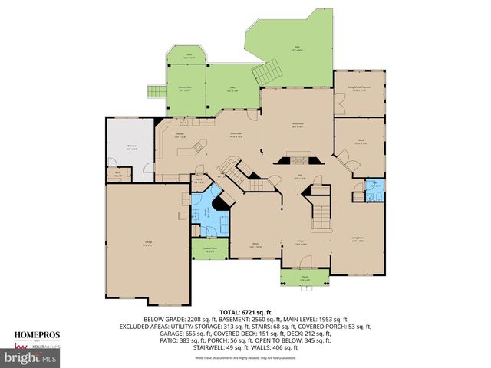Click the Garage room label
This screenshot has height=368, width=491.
(x=147, y=243)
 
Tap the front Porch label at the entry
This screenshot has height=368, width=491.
(x=304, y=279)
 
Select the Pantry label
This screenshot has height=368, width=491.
(x=199, y=182)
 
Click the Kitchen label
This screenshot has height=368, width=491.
(x=180, y=135)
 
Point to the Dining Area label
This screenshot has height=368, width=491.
(x=236, y=135)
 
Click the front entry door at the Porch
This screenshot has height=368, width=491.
(x=304, y=268)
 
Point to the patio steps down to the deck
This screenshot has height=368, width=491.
(x=267, y=74)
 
